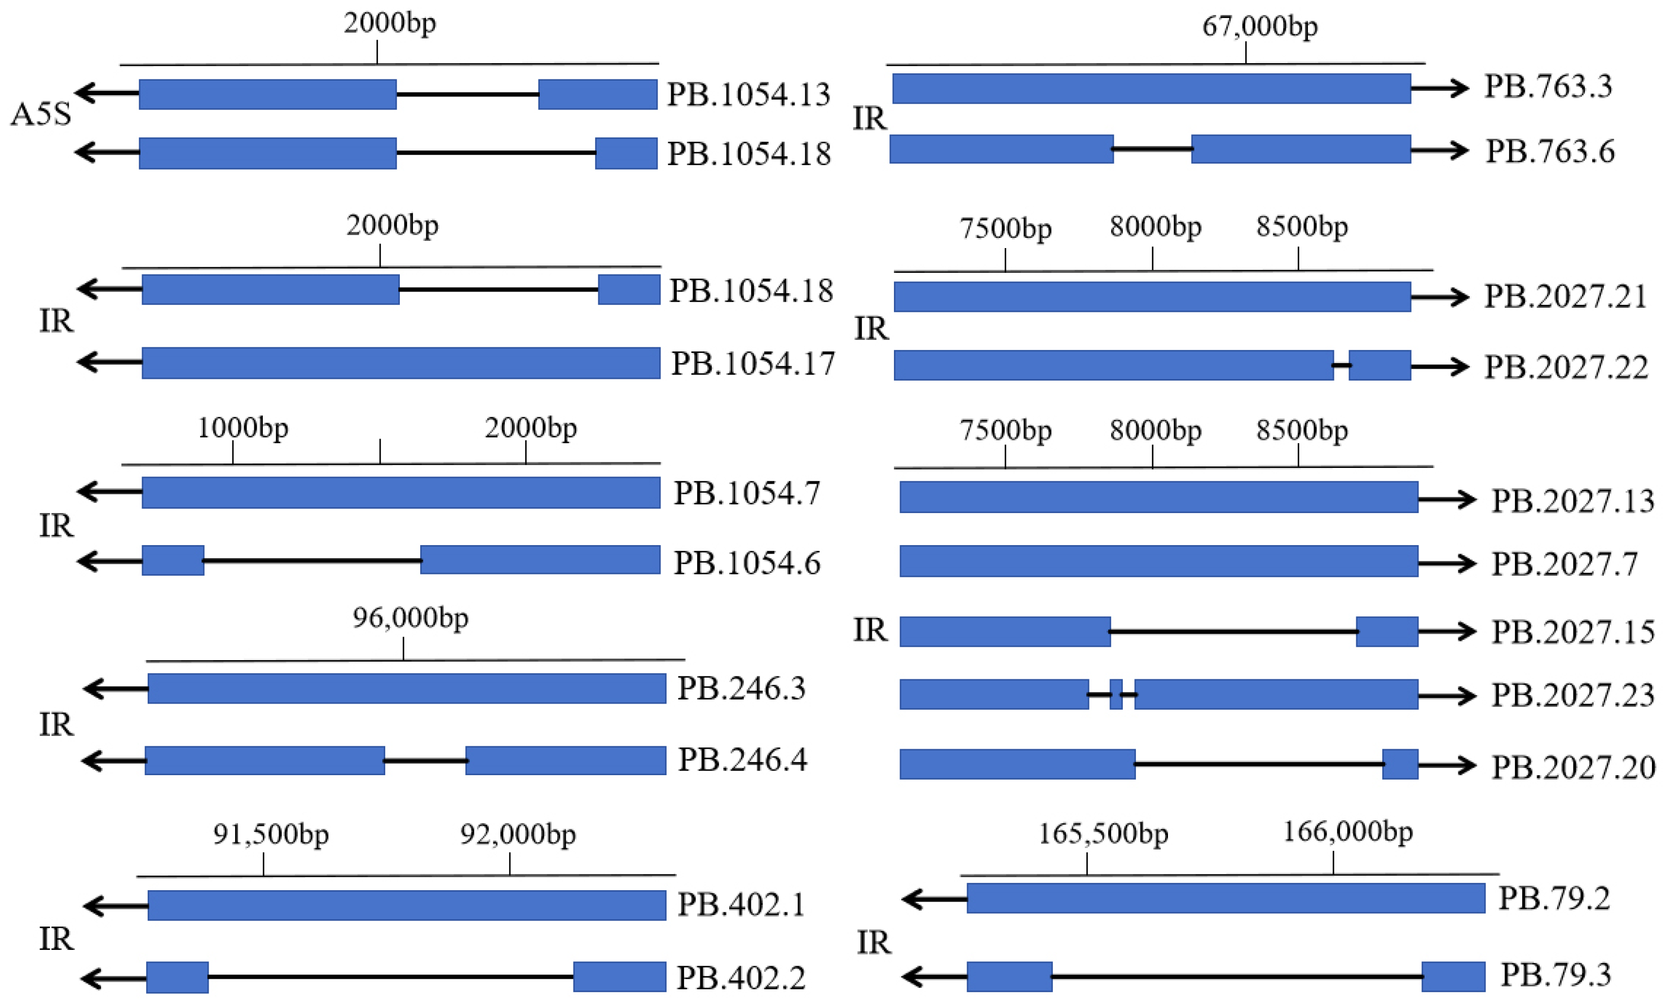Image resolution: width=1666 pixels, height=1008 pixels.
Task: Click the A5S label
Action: point(41,114)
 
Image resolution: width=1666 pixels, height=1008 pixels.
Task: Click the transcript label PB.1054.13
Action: point(748,95)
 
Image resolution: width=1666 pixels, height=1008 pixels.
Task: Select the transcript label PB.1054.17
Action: point(752,364)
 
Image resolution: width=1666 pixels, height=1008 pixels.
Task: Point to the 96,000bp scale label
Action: point(411,618)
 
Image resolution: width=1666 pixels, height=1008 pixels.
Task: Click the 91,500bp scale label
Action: point(271,834)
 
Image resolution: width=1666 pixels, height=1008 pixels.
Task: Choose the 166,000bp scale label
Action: point(1347,832)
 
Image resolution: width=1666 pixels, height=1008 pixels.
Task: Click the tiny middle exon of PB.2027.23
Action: point(1116,695)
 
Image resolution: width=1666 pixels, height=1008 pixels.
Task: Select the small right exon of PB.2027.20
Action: point(1400,764)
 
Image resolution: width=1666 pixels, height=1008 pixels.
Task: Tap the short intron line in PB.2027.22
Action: point(1342,366)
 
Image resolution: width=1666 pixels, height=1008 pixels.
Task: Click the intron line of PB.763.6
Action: point(1152,149)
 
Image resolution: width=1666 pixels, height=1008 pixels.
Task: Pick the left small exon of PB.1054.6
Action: point(173,560)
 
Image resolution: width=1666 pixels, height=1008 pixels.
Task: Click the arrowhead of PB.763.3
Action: point(1461,88)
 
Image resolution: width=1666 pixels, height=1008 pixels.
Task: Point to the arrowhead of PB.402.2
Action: point(91,978)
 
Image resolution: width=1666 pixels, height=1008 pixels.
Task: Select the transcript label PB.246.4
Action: point(742,760)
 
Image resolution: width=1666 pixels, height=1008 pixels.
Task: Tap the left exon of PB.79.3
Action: point(1009,977)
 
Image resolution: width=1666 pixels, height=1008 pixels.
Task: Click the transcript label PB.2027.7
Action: point(1564,564)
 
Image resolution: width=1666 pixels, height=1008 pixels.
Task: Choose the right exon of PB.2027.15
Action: point(1387,631)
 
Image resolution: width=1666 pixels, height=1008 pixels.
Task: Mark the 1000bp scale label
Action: point(243,428)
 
